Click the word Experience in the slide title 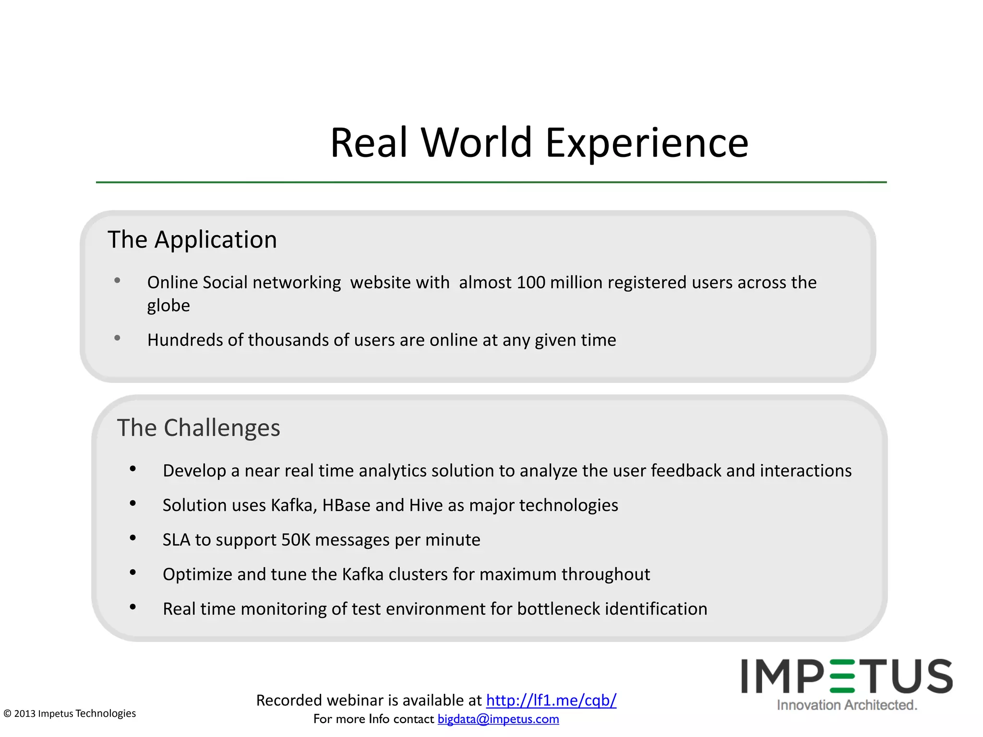(647, 143)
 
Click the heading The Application (192, 239)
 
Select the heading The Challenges (198, 428)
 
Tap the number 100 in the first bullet (531, 282)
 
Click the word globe (168, 306)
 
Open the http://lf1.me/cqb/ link (551, 700)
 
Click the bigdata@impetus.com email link (498, 719)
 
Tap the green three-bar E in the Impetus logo (842, 677)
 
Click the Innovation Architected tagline (847, 705)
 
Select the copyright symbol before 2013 (7, 713)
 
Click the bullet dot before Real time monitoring (133, 607)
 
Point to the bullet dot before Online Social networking (117, 281)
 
